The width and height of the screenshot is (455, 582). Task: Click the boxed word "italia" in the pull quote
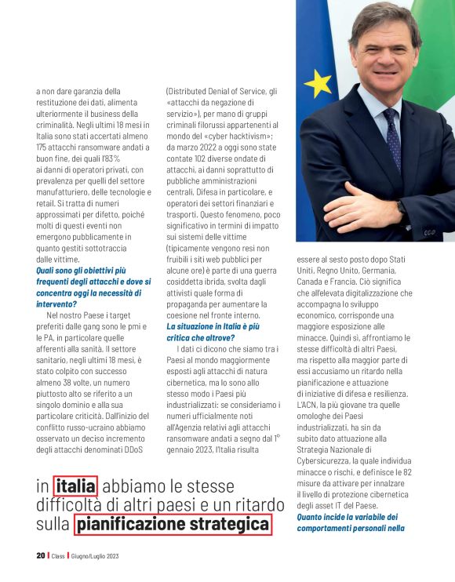(x=75, y=487)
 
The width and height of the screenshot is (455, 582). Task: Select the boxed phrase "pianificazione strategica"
(x=173, y=524)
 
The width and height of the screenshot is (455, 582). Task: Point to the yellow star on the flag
(x=317, y=83)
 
